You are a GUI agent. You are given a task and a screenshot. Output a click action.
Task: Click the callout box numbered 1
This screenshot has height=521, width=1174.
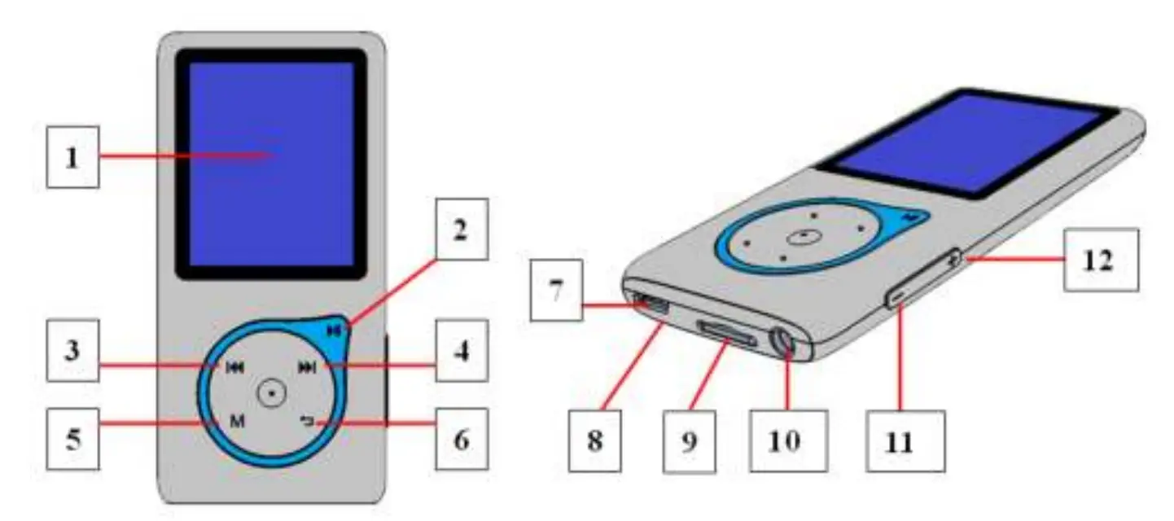(72, 157)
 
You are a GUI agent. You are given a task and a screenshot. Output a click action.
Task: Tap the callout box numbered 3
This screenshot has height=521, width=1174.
(72, 351)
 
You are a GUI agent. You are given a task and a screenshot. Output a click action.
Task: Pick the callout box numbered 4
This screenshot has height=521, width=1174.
(462, 351)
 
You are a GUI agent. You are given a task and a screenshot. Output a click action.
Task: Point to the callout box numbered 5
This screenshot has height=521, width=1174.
(72, 440)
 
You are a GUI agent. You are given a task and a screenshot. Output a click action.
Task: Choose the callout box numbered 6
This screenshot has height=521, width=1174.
(462, 439)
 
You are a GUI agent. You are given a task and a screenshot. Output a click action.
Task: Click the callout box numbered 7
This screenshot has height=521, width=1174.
(556, 290)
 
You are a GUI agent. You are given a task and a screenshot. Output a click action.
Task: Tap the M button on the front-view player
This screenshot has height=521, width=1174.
(236, 421)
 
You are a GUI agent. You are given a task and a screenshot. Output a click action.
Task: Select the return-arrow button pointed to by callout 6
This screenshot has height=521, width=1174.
(306, 421)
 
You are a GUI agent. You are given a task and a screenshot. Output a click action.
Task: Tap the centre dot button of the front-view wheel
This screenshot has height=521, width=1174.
(271, 393)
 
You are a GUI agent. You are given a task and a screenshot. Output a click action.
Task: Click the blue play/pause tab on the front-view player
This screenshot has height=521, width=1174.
(332, 331)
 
